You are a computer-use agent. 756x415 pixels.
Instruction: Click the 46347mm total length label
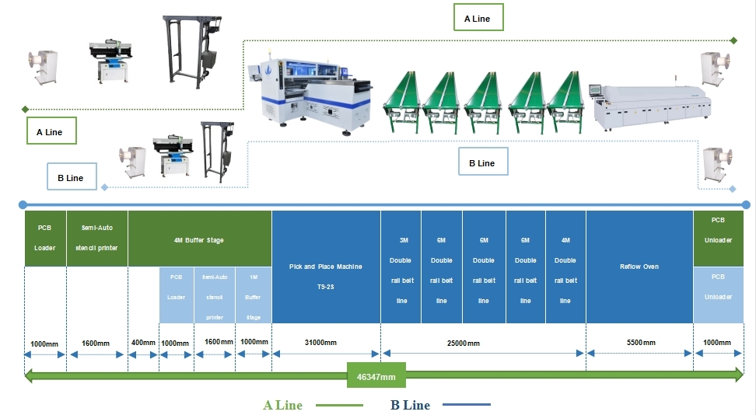pyautogui.click(x=377, y=377)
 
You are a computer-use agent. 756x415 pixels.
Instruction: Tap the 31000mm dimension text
pyautogui.click(x=320, y=342)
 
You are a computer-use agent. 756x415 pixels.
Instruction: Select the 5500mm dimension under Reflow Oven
pyautogui.click(x=640, y=342)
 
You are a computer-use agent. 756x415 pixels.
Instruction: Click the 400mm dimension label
pyautogui.click(x=143, y=342)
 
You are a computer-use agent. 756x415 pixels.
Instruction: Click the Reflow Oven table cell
pyautogui.click(x=639, y=267)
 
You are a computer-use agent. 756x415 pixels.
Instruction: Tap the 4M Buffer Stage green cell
pyautogui.click(x=199, y=240)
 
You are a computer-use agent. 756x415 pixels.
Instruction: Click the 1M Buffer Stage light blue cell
pyautogui.click(x=254, y=296)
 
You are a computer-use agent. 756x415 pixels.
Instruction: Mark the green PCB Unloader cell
pyautogui.click(x=718, y=239)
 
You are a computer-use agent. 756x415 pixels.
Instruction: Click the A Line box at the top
pyautogui.click(x=477, y=18)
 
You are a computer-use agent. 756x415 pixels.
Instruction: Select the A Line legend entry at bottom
pyautogui.click(x=283, y=405)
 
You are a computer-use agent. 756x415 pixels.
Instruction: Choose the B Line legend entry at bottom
pyautogui.click(x=410, y=405)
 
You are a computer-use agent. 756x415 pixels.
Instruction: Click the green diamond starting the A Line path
pyautogui.click(x=26, y=109)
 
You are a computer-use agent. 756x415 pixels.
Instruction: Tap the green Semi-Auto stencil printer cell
pyautogui.click(x=97, y=239)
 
